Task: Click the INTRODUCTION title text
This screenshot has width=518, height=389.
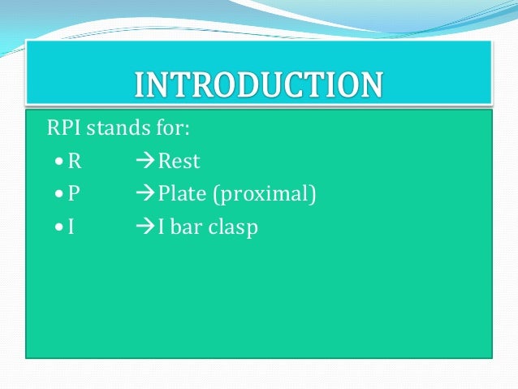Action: coord(258,84)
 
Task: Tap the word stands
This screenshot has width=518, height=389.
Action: coord(119,128)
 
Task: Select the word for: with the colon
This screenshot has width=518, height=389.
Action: coord(172,128)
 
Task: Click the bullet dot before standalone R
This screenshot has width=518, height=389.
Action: coord(54,162)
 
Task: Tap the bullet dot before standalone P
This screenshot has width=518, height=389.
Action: coord(54,195)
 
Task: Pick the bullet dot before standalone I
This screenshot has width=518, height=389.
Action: coord(54,228)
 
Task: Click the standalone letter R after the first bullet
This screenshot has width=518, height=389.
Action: coord(74,161)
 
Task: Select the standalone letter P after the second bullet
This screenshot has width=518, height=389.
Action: coord(74,194)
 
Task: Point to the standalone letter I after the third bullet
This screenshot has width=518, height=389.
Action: coord(71,227)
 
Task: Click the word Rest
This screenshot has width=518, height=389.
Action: coord(179,161)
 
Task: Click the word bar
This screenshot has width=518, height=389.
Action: coord(187,227)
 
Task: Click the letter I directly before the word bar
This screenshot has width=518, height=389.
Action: coord(162,227)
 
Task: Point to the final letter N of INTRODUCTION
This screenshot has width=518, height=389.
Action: coord(369,84)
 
